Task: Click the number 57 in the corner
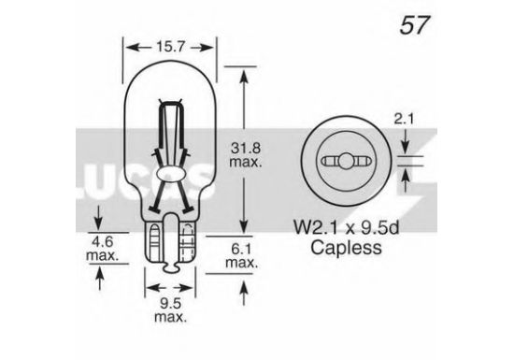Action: click(x=414, y=25)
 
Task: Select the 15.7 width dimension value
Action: click(x=170, y=47)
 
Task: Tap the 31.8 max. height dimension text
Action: click(x=246, y=154)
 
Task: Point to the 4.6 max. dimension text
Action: click(x=102, y=249)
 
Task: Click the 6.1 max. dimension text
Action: click(x=242, y=255)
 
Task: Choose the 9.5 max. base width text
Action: click(x=170, y=310)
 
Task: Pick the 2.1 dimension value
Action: click(x=404, y=119)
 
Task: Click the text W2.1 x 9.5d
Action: click(x=346, y=227)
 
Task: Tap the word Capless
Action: click(x=346, y=248)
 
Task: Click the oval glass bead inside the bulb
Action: click(x=170, y=174)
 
